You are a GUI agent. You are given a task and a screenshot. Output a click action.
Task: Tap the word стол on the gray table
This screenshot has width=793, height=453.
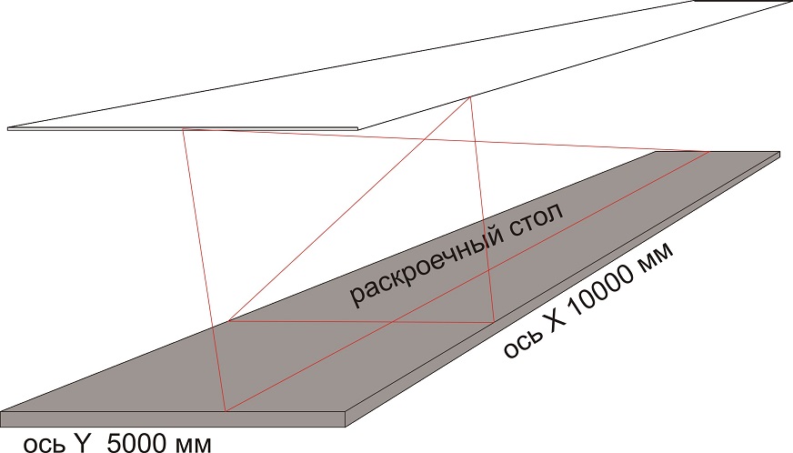pos(534,223)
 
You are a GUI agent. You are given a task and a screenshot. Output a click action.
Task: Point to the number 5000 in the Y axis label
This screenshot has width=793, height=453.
pos(136,444)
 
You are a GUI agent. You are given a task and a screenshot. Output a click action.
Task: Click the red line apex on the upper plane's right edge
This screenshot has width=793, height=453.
pos(470,97)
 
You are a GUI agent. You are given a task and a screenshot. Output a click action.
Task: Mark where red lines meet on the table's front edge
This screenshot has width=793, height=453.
pos(226,411)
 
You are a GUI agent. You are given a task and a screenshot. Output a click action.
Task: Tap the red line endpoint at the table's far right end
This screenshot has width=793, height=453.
pos(708,151)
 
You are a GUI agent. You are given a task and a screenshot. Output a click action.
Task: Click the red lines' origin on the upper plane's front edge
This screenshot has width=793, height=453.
pos(183,129)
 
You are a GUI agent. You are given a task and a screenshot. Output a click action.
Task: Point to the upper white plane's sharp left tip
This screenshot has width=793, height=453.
pos(8,128)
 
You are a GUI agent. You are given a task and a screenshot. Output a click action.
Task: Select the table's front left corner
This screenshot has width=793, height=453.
pos(2,411)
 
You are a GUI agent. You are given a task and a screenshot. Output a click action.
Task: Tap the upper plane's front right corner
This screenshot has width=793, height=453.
pos(358,128)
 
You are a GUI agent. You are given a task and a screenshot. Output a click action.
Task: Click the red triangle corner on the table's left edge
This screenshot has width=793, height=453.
pos(228,320)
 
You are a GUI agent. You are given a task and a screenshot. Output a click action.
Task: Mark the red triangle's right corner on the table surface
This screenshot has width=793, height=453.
pos(494,322)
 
